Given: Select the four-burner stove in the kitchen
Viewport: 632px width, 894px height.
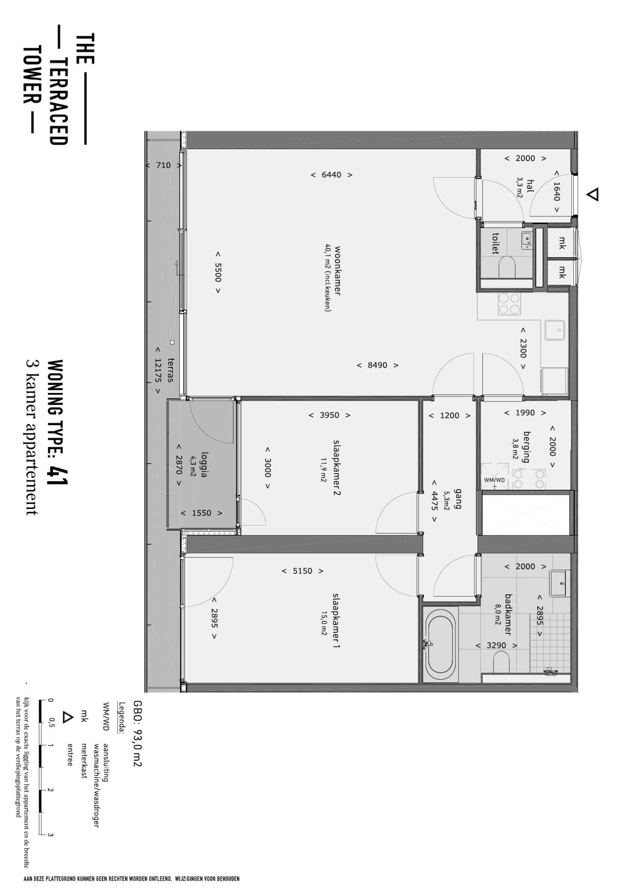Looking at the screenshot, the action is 509,304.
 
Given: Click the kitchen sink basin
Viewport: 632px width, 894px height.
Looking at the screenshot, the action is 555,330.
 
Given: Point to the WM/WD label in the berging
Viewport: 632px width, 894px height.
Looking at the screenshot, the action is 494,480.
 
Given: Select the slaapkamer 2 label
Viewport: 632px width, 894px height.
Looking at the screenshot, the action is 337,467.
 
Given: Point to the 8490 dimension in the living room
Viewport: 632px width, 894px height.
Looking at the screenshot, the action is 378,365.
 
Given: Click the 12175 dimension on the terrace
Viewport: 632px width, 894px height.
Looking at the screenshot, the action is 158,369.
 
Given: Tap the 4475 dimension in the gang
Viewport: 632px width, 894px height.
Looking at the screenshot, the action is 434,501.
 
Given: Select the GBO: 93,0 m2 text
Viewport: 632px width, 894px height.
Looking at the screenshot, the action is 137,734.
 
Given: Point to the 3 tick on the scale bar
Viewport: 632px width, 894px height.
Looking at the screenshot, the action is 50,835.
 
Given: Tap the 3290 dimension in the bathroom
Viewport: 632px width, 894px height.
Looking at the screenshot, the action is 496,645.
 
